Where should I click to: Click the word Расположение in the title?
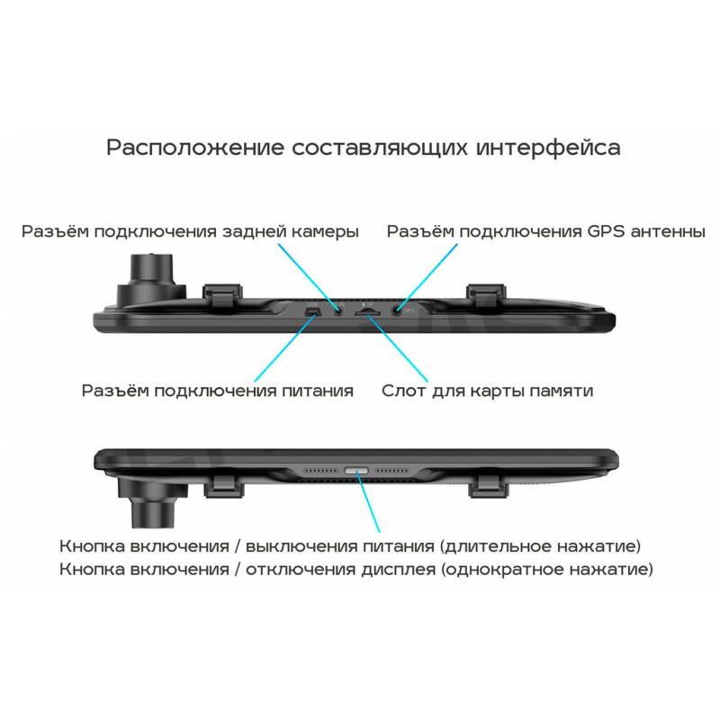(x=194, y=148)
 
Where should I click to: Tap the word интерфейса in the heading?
(x=548, y=148)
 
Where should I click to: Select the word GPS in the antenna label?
(x=606, y=231)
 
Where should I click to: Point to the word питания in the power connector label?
(x=318, y=391)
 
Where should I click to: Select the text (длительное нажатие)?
(x=540, y=546)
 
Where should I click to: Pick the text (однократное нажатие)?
(x=547, y=570)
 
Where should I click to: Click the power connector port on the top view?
(x=312, y=312)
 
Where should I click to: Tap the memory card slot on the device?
(x=367, y=311)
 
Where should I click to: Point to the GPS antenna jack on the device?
(x=396, y=310)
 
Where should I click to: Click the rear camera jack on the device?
(x=339, y=311)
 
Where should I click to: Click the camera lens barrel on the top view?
(x=151, y=280)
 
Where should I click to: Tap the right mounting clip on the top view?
(x=486, y=297)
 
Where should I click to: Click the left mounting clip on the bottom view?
(x=223, y=486)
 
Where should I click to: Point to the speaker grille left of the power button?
(x=321, y=471)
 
